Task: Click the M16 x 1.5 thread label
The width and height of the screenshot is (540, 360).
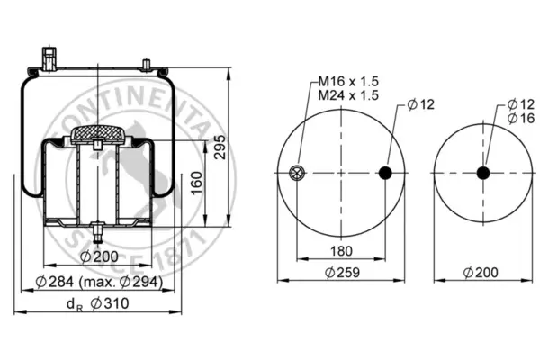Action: (348, 82)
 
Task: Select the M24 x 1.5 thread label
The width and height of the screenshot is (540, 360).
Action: (348, 95)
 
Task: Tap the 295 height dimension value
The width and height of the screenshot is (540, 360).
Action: (220, 147)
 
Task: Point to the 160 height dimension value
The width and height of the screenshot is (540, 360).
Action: (196, 183)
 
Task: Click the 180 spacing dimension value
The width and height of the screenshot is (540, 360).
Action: (341, 251)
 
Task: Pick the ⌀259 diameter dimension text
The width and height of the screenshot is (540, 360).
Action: (342, 273)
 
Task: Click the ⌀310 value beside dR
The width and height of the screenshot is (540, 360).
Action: (110, 303)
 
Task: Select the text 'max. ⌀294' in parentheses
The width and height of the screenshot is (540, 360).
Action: (121, 282)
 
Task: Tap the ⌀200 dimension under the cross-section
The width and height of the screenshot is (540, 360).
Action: (99, 256)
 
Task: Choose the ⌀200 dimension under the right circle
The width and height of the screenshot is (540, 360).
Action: (481, 273)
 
